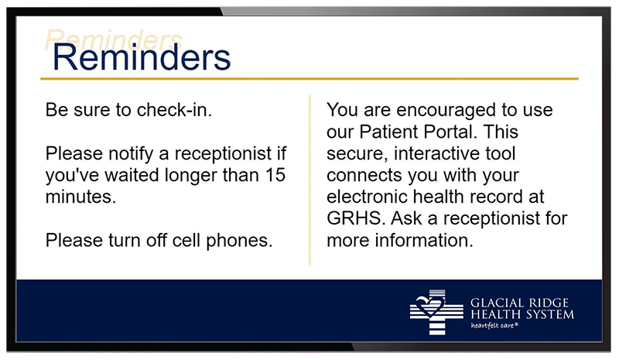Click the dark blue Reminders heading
(x=142, y=58)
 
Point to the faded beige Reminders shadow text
(x=114, y=39)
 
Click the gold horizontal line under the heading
(x=309, y=79)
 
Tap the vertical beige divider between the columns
(x=310, y=180)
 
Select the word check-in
(x=174, y=110)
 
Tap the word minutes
(x=81, y=197)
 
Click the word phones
(x=239, y=241)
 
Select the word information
(x=424, y=240)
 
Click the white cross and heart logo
(x=436, y=312)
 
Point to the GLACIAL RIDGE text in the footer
(x=519, y=303)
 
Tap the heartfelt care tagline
(x=494, y=326)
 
